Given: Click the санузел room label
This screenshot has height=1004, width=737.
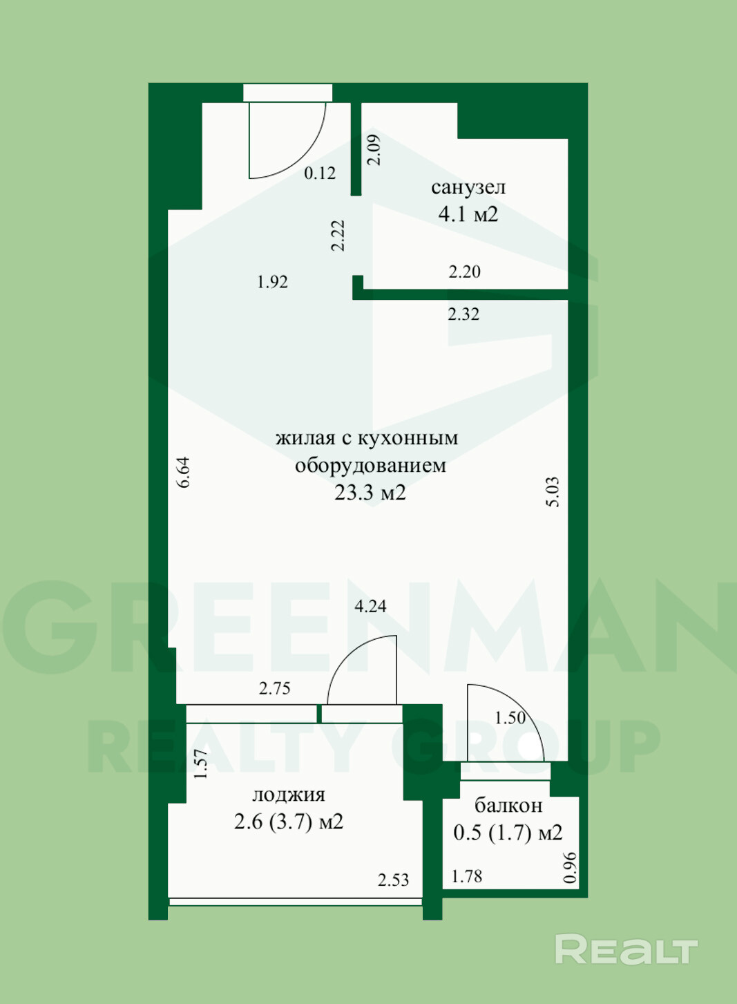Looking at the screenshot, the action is point(468,187).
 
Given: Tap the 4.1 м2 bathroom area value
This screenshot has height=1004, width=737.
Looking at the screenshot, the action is point(468,214).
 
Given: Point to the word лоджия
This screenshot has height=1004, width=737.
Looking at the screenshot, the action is point(289,795).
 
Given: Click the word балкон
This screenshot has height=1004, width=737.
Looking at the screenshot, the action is point(508,806).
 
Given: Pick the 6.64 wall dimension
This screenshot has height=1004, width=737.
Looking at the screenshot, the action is point(184,472).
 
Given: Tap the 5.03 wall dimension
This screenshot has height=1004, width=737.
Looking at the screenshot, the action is point(553,492).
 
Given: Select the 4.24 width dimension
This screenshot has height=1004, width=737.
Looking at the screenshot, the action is point(370,607).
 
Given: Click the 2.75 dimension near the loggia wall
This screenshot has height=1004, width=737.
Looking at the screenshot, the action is point(275,688).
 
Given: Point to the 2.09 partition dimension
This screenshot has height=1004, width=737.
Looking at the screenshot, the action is point(374,150).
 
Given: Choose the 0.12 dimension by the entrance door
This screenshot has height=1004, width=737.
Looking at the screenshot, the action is point(320,173).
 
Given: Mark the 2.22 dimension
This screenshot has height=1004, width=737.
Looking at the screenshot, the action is point(338,236).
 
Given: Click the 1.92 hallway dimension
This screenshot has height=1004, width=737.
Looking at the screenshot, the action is point(272,282).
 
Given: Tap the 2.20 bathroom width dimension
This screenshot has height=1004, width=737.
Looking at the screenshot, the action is point(465,272).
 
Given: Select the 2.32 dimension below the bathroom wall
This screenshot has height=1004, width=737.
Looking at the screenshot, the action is point(463,314).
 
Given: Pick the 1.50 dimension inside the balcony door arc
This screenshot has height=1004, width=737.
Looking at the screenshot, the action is point(510,718).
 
